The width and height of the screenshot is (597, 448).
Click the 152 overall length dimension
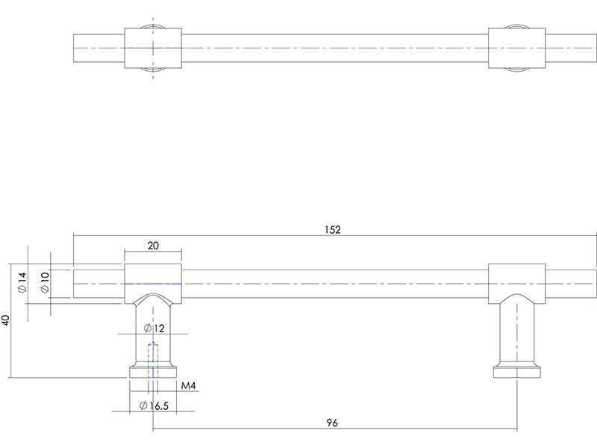click(x=333, y=230)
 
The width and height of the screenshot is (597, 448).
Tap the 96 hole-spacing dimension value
click(x=332, y=423)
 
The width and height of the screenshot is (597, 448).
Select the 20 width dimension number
click(x=153, y=246)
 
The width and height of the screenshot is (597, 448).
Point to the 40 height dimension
click(x=5, y=320)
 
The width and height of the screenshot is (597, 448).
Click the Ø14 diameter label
click(x=22, y=282)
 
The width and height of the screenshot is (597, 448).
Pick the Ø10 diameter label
click(x=45, y=282)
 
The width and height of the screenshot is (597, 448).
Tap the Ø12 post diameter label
click(x=154, y=328)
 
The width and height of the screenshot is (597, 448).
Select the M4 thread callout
click(x=188, y=386)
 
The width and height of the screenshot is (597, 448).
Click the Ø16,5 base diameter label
click(x=154, y=405)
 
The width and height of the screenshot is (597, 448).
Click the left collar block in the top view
click(x=153, y=49)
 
